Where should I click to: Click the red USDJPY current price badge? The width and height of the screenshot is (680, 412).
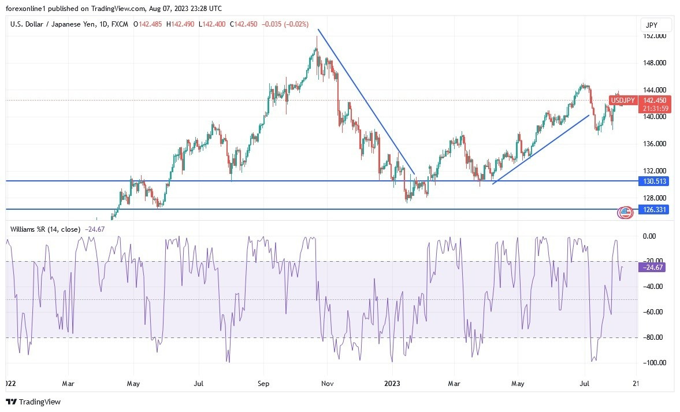pos(623,101)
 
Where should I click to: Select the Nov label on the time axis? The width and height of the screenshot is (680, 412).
pos(327,383)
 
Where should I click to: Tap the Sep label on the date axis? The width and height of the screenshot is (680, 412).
pos(263,383)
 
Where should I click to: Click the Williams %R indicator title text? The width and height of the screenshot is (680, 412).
pos(44,229)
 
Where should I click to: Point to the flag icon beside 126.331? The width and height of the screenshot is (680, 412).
pos(625,212)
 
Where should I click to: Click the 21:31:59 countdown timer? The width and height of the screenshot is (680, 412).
pos(623,109)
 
